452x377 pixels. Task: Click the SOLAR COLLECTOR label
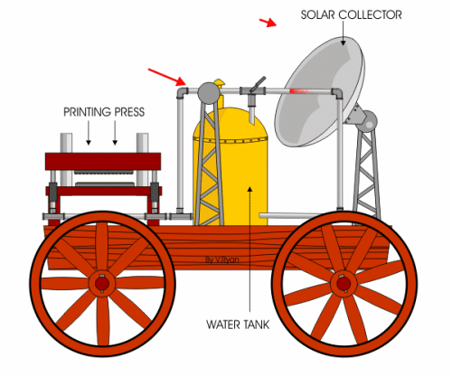click(352, 15)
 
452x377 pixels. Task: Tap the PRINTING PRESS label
click(104, 112)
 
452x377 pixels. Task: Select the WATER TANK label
click(238, 325)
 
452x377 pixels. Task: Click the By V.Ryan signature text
click(222, 259)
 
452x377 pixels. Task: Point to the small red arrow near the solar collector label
click(268, 23)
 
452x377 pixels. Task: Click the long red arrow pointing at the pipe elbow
click(167, 77)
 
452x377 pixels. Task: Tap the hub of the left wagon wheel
click(102, 284)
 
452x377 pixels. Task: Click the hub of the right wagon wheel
click(344, 284)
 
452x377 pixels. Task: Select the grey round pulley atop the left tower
click(208, 93)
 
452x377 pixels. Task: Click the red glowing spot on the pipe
click(299, 91)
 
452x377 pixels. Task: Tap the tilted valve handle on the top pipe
click(258, 83)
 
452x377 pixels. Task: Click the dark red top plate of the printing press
click(103, 162)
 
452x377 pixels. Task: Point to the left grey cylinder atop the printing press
click(66, 143)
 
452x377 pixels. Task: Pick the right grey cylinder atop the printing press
click(143, 143)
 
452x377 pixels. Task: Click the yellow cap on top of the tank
click(219, 82)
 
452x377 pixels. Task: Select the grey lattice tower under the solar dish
click(366, 172)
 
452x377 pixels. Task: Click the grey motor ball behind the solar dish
click(370, 121)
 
